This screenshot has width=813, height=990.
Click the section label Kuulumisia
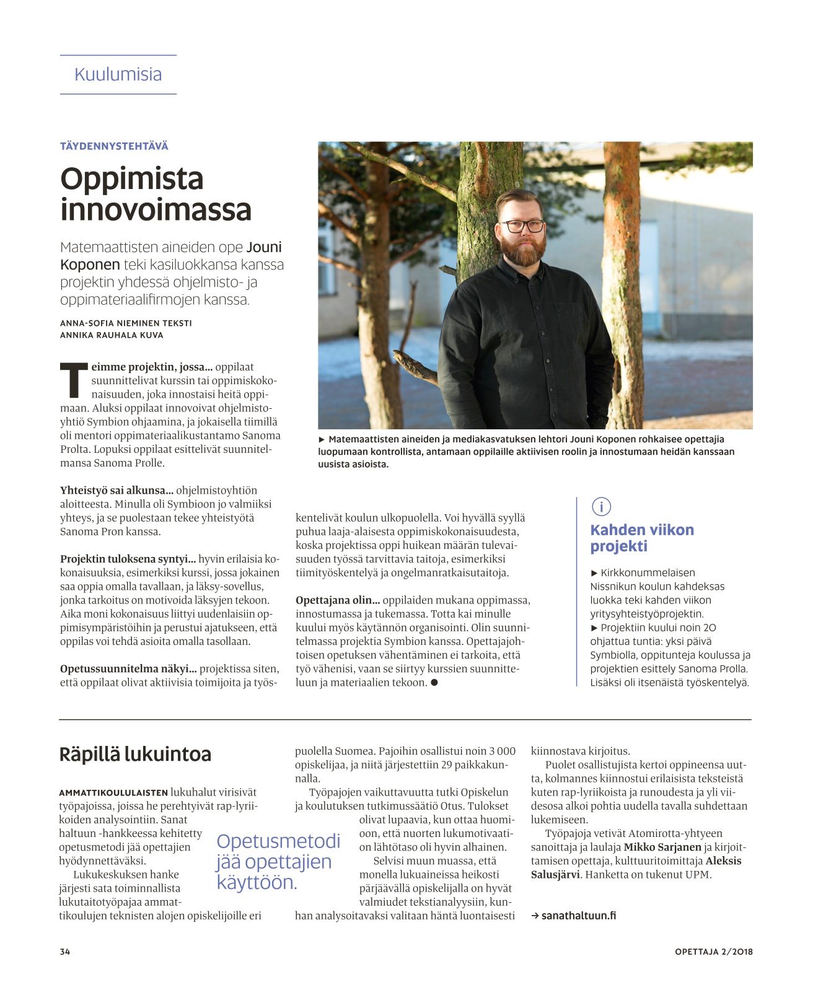[118, 74]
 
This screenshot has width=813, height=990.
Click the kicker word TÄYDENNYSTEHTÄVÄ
[114, 146]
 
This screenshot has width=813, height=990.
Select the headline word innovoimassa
[156, 209]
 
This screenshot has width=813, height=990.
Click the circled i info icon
[601, 507]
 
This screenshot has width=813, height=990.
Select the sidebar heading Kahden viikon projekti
[641, 538]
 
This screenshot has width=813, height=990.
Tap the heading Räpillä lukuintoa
[135, 754]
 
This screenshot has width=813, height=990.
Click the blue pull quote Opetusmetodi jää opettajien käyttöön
[278, 861]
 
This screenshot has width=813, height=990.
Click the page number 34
[65, 952]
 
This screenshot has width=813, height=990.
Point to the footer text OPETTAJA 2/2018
[713, 952]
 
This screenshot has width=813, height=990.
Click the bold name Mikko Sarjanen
[662, 847]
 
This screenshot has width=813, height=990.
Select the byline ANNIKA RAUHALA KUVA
[112, 335]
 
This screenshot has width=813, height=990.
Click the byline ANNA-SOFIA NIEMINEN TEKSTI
[126, 323]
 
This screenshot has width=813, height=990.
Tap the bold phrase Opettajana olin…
[338, 600]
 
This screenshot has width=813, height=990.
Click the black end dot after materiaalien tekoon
[434, 682]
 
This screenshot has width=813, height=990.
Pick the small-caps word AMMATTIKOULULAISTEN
[113, 792]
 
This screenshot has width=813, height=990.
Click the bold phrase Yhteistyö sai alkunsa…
[116, 491]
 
